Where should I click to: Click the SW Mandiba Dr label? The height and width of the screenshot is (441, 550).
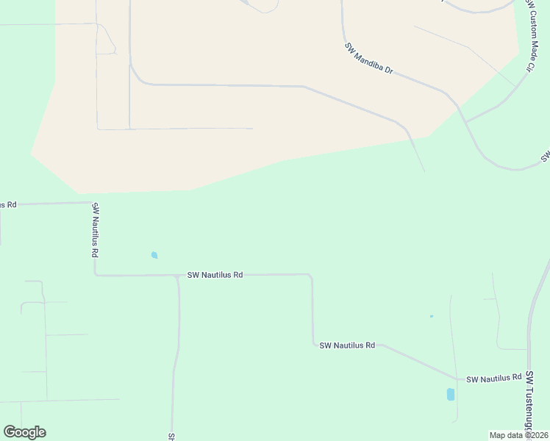369,60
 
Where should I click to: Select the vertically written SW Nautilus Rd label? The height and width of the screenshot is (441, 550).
95,230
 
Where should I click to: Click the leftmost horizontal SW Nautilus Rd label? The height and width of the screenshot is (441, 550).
215,275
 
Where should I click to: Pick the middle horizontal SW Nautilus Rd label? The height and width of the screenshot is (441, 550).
347,345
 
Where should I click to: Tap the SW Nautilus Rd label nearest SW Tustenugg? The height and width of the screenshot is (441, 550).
493,379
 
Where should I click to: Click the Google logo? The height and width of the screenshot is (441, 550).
24,431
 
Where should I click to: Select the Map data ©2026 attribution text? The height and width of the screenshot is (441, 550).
518,435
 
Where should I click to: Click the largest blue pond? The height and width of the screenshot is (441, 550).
451,395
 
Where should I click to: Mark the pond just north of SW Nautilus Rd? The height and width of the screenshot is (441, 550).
154,255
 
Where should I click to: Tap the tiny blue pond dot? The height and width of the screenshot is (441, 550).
432,316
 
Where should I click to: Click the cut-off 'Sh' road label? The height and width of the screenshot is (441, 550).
171,436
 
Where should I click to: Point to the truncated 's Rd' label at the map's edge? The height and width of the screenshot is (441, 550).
7,204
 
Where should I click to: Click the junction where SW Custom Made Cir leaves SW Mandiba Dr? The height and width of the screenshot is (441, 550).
465,121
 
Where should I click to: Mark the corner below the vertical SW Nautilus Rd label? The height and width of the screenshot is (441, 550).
96,275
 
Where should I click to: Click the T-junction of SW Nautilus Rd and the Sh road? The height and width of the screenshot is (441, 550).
177,276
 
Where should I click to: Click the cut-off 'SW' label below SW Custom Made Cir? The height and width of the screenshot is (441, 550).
545,156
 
